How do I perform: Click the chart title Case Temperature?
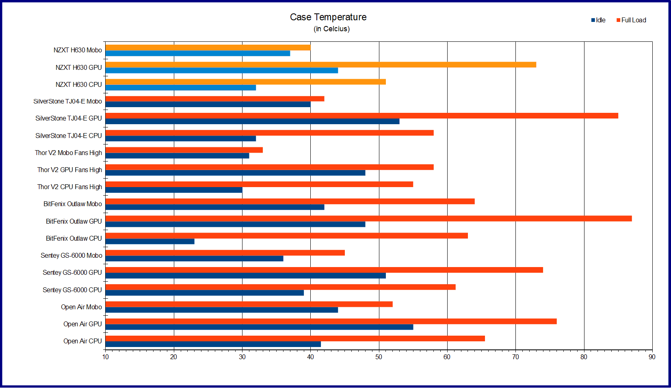coord(328,17)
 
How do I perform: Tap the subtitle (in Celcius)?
coord(331,29)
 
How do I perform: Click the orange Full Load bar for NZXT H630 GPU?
coord(321,65)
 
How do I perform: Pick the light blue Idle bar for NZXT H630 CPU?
coord(181,88)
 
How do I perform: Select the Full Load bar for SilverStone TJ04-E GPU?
coord(361,116)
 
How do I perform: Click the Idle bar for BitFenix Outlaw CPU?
coord(150,241)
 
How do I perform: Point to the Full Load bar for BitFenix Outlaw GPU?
coord(368,218)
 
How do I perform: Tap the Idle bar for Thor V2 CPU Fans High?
coord(174,190)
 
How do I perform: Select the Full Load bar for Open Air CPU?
coord(295,338)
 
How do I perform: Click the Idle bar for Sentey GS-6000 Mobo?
coord(194,259)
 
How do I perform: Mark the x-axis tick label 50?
coord(379,357)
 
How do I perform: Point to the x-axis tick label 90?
coord(652,357)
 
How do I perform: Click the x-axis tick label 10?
coord(106,357)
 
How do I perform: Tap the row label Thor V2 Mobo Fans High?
coord(68,153)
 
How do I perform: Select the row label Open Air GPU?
coord(82,324)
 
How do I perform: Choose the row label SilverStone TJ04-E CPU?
coord(68,136)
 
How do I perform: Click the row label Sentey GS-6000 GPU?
coord(72,272)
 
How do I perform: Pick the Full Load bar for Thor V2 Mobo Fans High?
coord(184,150)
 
